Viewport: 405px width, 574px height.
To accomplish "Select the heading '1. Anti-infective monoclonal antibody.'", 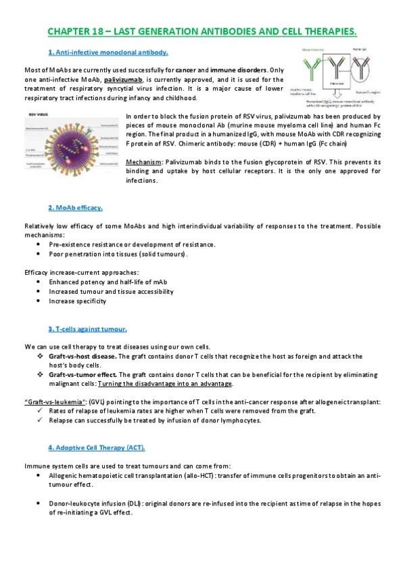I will [108, 53].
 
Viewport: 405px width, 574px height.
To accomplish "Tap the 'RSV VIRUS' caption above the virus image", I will [39, 114].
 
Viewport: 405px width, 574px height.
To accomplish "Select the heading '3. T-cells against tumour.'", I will [87, 329].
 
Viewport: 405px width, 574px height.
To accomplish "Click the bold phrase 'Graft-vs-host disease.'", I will [83, 355].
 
